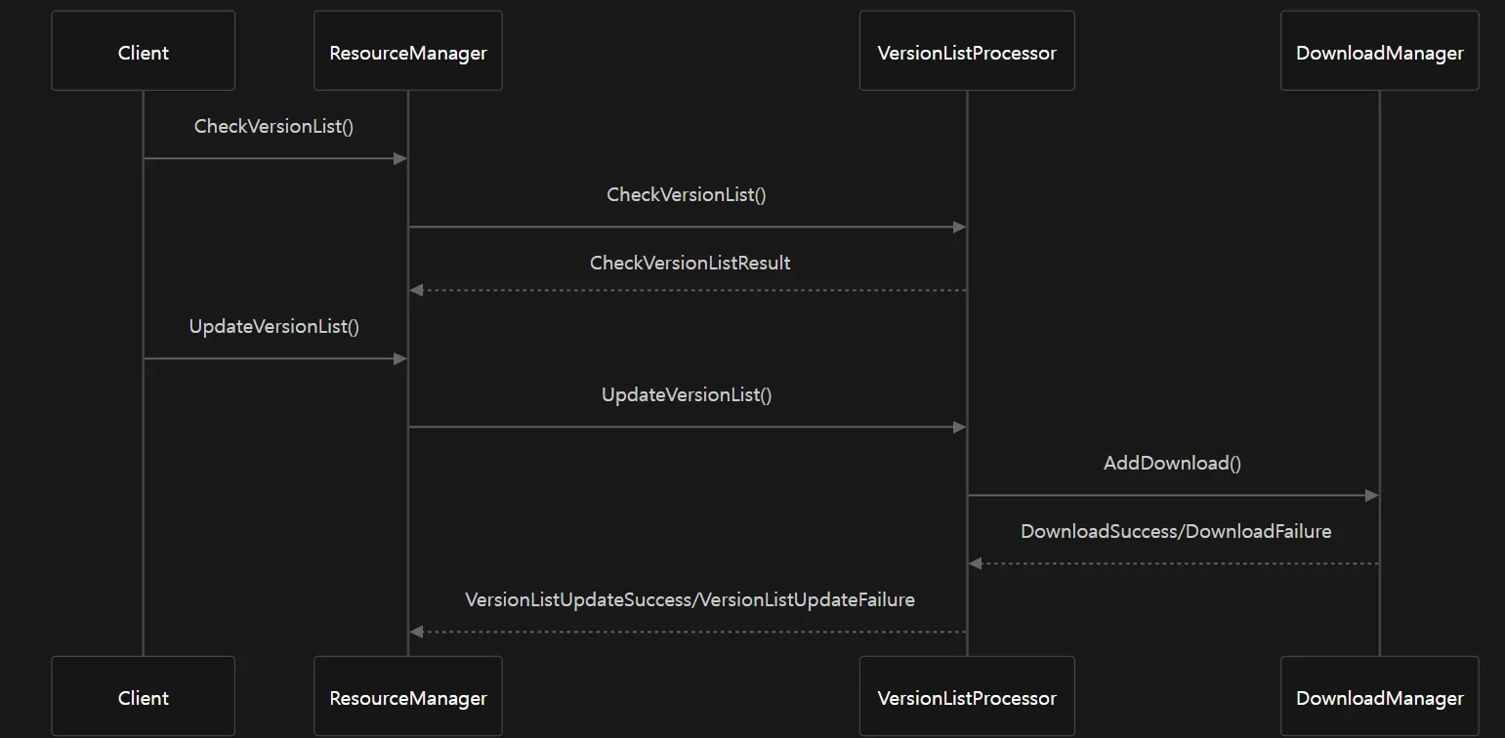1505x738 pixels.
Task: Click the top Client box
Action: [144, 51]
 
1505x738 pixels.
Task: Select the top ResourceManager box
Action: [408, 51]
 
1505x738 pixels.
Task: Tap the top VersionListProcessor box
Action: [967, 51]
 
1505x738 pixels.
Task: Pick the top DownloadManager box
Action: [1379, 51]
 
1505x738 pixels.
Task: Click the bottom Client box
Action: [144, 696]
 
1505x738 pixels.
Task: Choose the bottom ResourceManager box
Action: [408, 696]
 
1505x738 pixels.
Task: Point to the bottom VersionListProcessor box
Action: [967, 696]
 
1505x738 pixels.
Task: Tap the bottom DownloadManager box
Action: [1379, 696]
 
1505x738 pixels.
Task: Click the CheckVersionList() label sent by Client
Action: [273, 126]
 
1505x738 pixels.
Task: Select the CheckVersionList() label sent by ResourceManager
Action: [686, 194]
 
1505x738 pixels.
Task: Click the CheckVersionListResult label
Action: [690, 263]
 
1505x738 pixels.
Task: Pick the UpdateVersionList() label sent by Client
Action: [273, 326]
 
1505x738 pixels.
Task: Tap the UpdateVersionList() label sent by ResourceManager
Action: [686, 394]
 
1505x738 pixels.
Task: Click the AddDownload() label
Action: [1172, 463]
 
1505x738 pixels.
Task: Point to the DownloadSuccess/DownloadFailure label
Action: [1176, 531]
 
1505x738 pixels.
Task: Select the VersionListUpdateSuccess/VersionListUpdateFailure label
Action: [690, 599]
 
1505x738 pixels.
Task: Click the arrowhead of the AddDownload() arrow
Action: [1372, 496]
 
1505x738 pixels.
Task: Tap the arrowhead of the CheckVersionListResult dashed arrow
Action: [417, 290]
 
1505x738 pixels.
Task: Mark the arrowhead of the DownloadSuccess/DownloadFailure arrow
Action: [976, 563]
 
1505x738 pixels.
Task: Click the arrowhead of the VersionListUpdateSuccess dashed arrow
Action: [417, 632]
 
